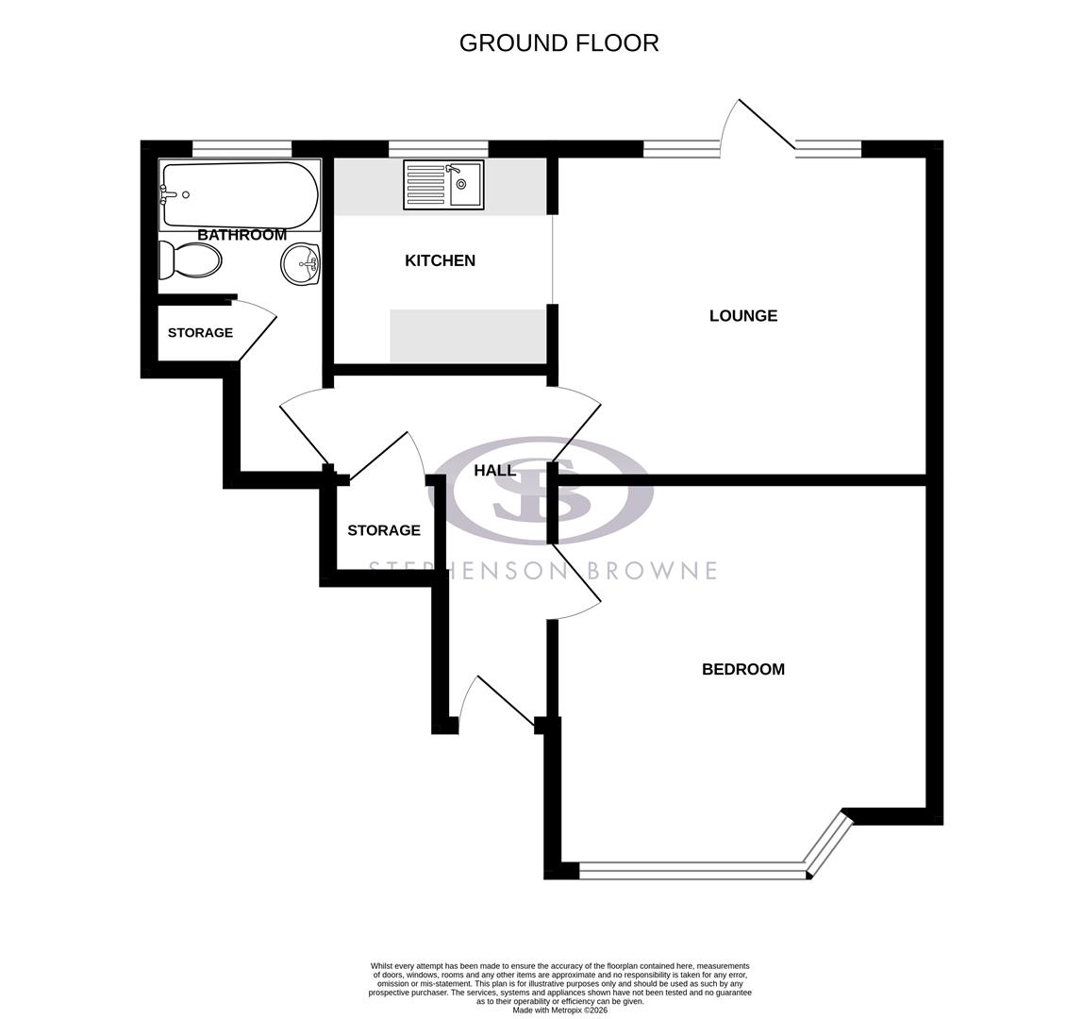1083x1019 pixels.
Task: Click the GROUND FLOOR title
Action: click(x=558, y=42)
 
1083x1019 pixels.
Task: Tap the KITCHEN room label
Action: click(x=440, y=260)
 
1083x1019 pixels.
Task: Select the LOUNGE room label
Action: click(x=742, y=316)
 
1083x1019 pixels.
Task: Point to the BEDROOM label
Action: click(x=742, y=669)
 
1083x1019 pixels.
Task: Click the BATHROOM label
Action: click(x=242, y=235)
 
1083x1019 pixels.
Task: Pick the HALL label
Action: click(x=494, y=470)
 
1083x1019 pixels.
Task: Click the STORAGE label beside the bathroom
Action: click(x=200, y=333)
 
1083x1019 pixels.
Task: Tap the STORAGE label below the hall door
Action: click(x=383, y=530)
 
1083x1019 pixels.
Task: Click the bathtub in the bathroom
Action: click(x=240, y=194)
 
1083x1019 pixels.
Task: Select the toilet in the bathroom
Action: click(x=191, y=260)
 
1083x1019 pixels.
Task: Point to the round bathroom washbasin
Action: click(x=301, y=264)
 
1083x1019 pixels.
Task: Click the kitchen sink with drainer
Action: click(x=443, y=184)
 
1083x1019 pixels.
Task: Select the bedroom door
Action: click(x=575, y=580)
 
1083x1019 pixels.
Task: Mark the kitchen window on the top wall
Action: click(x=438, y=148)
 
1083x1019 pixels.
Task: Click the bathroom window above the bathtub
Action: click(x=242, y=148)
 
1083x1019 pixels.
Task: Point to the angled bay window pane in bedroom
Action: click(x=828, y=844)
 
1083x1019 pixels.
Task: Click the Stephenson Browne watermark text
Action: click(x=541, y=571)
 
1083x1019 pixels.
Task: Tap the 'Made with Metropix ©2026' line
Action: click(x=559, y=1010)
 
